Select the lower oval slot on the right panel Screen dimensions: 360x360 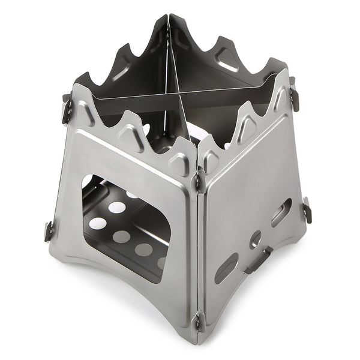coord(226,268)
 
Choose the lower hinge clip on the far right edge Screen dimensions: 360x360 coord(307,210)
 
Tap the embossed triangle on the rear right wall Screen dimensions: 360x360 coord(227,57)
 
